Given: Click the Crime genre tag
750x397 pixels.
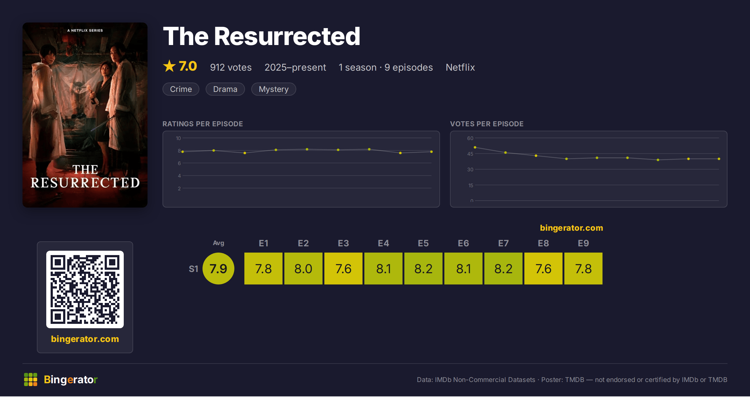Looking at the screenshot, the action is [x=181, y=89].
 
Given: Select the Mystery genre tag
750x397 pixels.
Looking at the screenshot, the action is [x=273, y=89].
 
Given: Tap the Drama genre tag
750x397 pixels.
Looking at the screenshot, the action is [x=225, y=89].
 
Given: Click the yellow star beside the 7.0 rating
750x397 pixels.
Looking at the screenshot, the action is [x=169, y=66].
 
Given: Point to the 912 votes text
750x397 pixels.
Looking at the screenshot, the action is [x=231, y=67].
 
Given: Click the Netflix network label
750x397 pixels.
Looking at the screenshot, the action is [x=460, y=67].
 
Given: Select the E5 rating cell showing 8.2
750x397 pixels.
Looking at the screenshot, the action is [x=423, y=269].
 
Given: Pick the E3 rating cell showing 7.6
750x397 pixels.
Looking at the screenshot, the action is [x=343, y=269].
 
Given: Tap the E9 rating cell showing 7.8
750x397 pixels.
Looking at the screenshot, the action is [x=583, y=269].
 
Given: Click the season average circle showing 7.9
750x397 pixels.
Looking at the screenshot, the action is [x=218, y=269].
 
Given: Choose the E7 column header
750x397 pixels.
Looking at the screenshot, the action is [x=503, y=243].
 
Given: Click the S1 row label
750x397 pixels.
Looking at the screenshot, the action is [x=193, y=269].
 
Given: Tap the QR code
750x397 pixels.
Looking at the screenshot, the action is [x=85, y=289].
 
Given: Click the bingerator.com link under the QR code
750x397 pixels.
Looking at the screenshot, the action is [x=85, y=339].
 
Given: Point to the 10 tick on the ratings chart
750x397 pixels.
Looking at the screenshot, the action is [x=178, y=138].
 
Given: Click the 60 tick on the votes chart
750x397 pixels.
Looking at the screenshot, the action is [x=470, y=138].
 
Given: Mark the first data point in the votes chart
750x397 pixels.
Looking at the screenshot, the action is [x=475, y=147].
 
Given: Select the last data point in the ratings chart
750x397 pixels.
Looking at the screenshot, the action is [x=432, y=152].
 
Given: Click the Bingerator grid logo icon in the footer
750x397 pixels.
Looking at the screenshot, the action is [x=31, y=379].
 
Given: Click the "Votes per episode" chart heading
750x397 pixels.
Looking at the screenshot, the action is [x=487, y=124].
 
